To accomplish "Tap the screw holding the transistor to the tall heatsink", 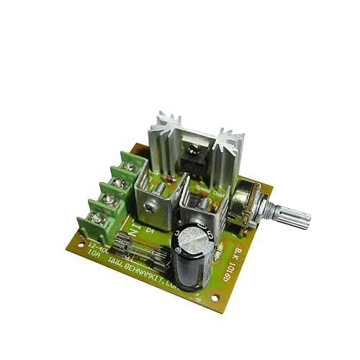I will [192, 152].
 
